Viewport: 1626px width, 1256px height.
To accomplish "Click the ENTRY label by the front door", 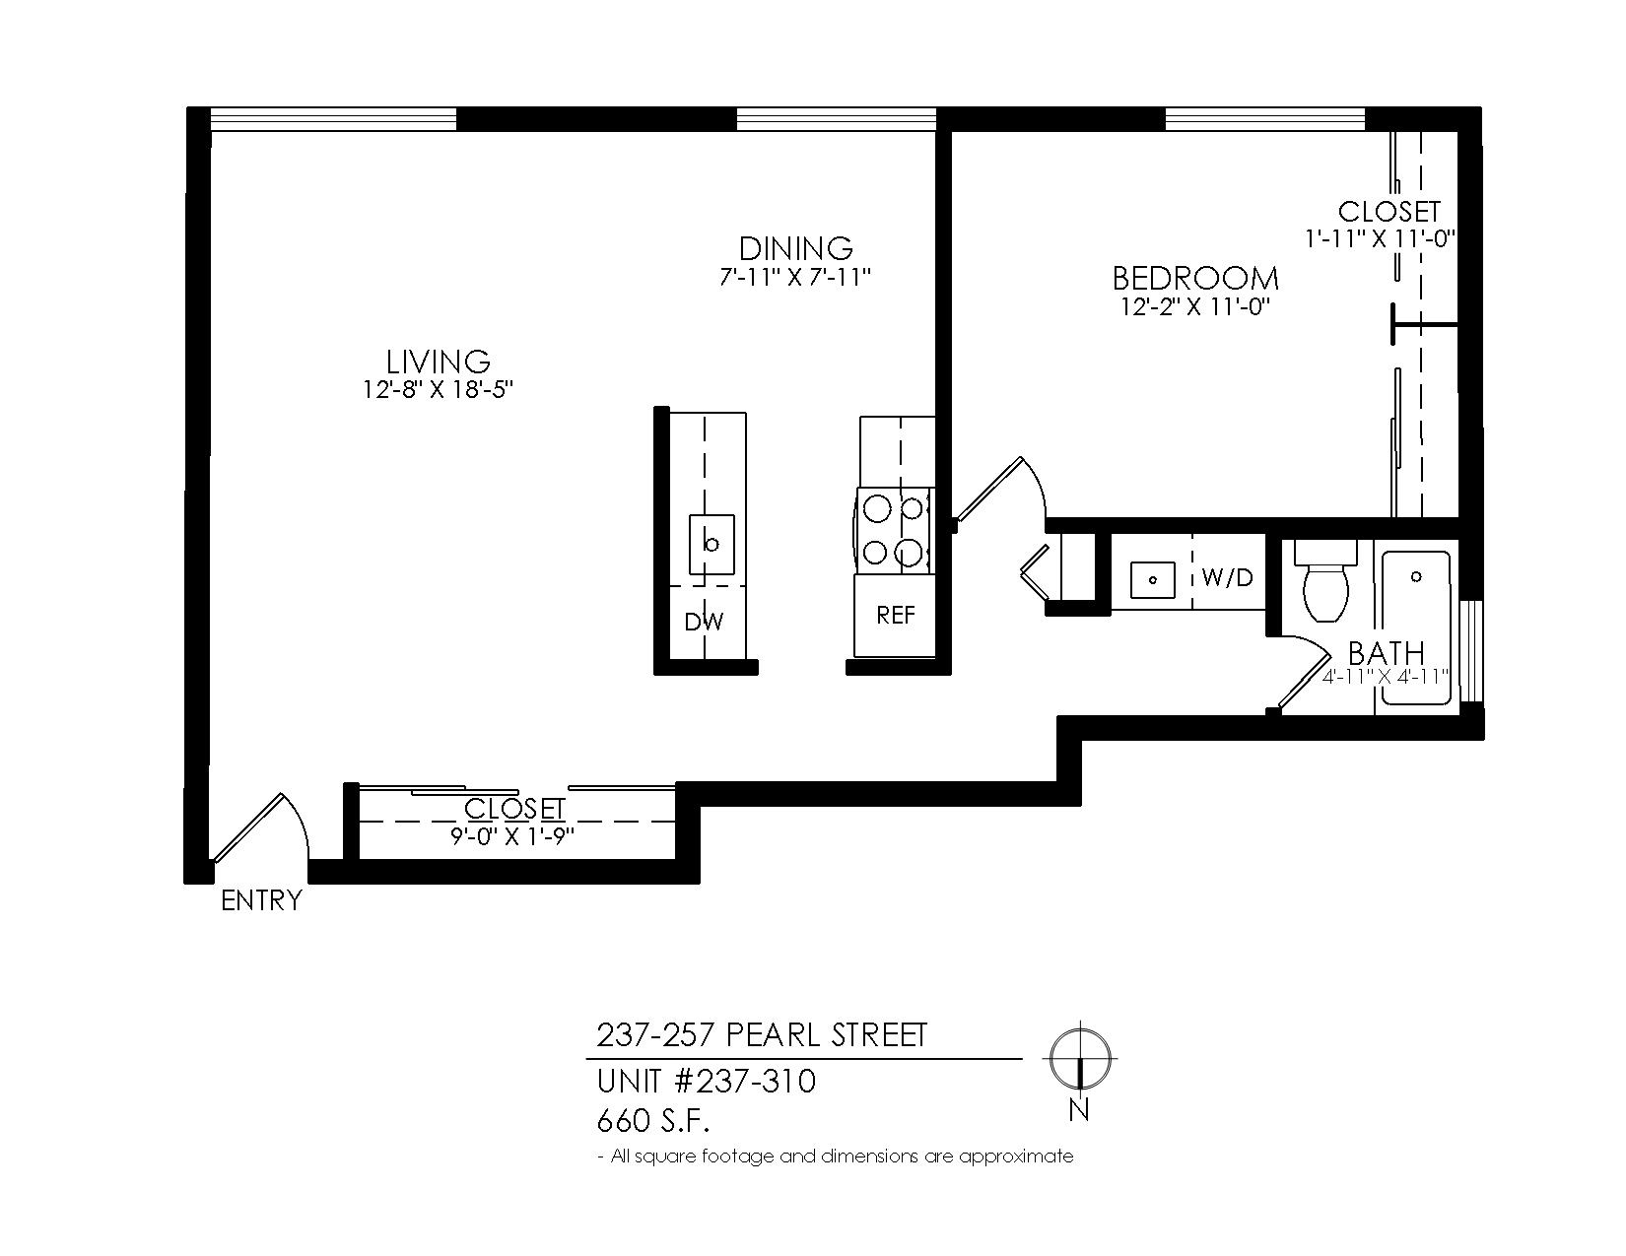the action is tap(261, 900).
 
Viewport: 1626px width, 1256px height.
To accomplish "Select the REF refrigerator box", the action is tap(895, 616).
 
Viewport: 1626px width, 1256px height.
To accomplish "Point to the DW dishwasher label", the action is tap(705, 622).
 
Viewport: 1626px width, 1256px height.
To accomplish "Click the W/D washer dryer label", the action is tap(1227, 576).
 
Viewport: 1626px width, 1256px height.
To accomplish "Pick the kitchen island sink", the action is tap(711, 544).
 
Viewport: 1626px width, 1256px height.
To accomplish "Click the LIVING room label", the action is tap(438, 363).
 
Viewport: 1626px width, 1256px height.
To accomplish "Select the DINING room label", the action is tap(796, 248).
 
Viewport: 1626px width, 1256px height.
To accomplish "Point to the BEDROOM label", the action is tap(1195, 278).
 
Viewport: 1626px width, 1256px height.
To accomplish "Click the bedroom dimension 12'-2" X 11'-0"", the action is tap(1196, 306).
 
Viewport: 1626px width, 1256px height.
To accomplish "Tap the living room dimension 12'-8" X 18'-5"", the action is tap(439, 390).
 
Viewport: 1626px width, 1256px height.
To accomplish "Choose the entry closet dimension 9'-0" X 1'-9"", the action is tap(511, 836).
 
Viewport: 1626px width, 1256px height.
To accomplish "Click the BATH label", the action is tap(1386, 654).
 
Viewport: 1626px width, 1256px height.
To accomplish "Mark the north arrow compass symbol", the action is tap(1079, 1059).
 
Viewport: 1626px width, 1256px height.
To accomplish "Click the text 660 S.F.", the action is tap(653, 1121).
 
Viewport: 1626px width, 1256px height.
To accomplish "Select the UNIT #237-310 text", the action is tap(707, 1082).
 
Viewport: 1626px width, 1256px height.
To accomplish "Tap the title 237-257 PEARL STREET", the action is tap(762, 1036).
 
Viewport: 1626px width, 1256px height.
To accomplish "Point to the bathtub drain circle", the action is tap(1416, 576).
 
